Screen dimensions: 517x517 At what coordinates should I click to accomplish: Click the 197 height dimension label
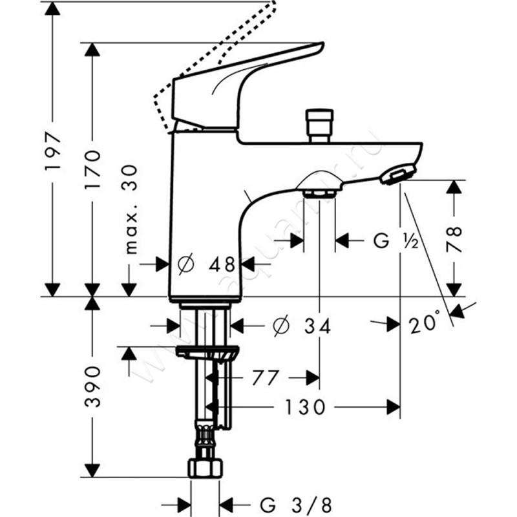click(x=52, y=152)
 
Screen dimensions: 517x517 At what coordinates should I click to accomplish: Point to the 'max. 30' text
click(x=132, y=214)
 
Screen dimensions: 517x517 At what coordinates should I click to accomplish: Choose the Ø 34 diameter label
click(x=302, y=327)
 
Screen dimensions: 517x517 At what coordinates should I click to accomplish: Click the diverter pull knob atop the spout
click(x=321, y=122)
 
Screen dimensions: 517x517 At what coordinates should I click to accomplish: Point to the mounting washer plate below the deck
click(x=207, y=353)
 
